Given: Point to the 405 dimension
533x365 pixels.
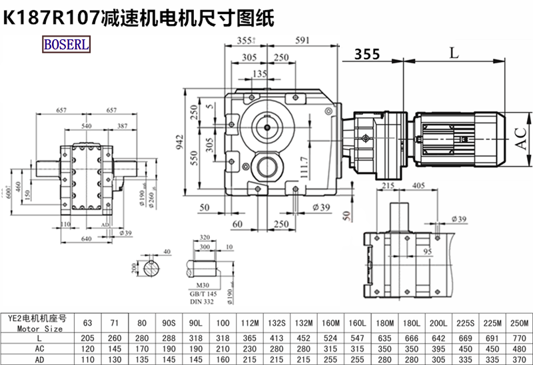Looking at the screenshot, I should click(420, 186).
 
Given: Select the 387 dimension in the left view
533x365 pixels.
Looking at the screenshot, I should click(121, 125).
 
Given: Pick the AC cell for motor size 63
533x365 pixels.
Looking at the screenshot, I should click(88, 348).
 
